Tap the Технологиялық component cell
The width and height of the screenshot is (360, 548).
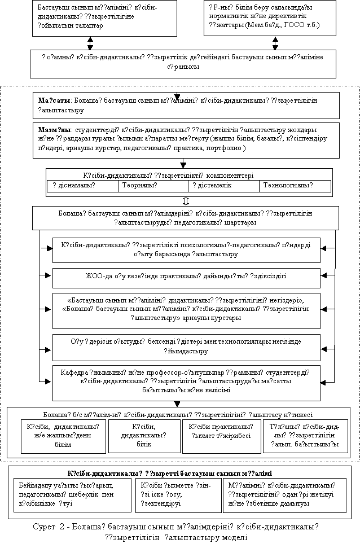295,185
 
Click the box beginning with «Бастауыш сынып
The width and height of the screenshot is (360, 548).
186,310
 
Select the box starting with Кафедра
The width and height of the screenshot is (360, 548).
186,382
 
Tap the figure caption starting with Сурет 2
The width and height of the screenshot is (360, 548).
180,532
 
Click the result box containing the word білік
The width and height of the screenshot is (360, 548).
148,436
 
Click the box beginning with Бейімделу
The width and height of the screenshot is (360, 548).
73,495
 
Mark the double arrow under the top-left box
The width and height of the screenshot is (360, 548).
90,43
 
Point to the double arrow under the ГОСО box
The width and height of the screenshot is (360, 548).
275,43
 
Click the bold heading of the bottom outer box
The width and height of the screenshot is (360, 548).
180,472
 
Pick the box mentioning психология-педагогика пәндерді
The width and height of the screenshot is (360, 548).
186,249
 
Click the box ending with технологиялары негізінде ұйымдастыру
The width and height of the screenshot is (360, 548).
186,347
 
